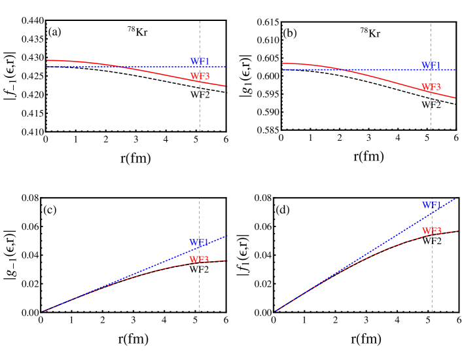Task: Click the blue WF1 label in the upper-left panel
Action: click(200, 62)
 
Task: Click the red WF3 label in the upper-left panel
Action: click(200, 77)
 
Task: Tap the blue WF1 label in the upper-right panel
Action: click(431, 65)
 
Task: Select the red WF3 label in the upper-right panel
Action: click(431, 87)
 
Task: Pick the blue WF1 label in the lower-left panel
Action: click(199, 243)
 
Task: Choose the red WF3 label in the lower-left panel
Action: click(199, 260)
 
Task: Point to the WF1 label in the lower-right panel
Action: click(431, 206)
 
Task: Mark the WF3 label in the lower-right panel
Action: click(431, 231)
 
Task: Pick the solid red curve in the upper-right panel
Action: click(393, 82)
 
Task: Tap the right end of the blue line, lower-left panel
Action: click(225, 236)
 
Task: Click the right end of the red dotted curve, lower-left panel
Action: click(226, 261)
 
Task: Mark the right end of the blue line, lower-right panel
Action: click(455, 199)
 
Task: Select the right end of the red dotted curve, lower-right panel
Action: click(457, 230)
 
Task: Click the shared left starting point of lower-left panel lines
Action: click(44, 311)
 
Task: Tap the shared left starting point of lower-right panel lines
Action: click(277, 311)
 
